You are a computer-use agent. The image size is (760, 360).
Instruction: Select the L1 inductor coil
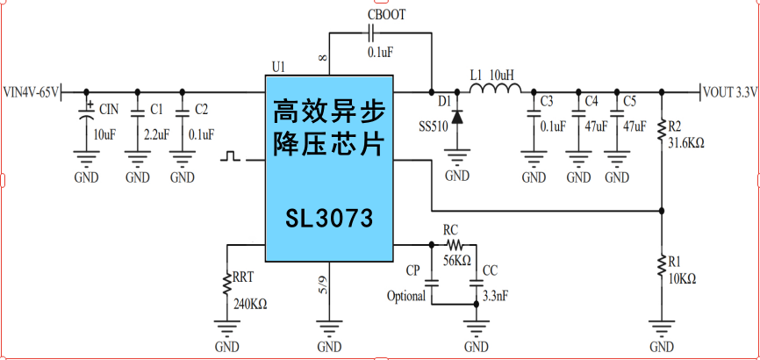click(503, 89)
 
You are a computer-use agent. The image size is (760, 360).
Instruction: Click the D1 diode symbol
click(457, 113)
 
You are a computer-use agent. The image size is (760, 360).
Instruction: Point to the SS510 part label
click(434, 126)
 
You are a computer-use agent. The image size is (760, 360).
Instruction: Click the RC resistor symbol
click(453, 244)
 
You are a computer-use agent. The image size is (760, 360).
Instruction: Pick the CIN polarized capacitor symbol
click(87, 113)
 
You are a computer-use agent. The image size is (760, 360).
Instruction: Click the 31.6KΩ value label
click(686, 141)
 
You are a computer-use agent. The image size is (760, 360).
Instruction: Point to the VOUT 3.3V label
click(730, 91)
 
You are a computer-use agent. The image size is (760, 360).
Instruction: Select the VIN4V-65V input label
click(32, 91)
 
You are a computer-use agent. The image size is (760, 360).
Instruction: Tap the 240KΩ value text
click(249, 305)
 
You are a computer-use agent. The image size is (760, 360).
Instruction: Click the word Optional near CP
click(405, 296)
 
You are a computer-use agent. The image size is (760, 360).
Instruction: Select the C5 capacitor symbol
click(617, 113)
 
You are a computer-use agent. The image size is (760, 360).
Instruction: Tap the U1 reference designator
click(278, 67)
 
